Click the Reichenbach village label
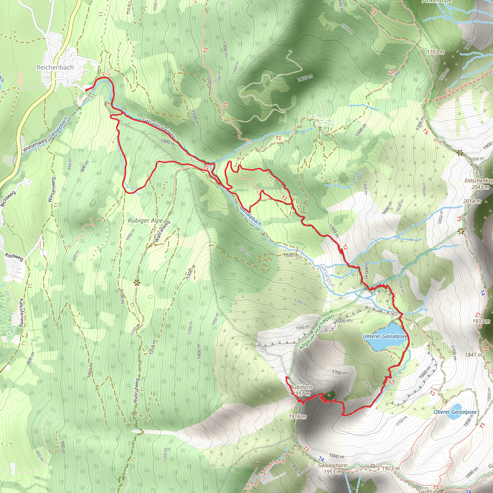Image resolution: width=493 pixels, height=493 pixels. pos(55,67)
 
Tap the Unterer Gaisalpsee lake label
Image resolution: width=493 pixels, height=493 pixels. pos(385,336)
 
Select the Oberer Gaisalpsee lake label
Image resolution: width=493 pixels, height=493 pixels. pos(455,412)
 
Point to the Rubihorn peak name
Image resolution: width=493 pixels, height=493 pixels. pos(301,387)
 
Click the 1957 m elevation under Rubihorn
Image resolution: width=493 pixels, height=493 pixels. pos(301,394)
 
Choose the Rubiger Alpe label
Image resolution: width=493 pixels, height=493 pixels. pos(145,221)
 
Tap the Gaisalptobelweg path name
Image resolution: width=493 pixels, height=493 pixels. pos(159,128)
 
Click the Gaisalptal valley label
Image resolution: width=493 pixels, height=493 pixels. pos(327,276)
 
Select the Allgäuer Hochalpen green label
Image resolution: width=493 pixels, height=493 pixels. pos(317,332)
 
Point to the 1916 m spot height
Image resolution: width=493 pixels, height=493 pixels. pos(298,416)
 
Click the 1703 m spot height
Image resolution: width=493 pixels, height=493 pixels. pos(435,52)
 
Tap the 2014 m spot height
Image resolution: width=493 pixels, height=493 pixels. pos(472,201)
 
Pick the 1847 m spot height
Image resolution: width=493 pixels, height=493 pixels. pos(473,354)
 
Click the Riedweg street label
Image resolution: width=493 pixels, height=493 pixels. pos(14,256)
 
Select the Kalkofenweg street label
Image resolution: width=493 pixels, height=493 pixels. pos(21,313)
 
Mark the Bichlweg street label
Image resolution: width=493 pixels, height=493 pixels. pos(8,199)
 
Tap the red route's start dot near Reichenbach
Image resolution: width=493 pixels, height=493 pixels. pos(86,90)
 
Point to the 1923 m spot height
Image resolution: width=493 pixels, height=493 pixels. pos(391,468)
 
